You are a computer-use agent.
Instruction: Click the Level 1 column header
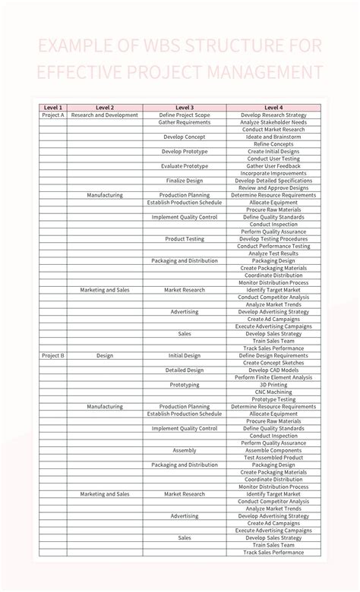pyautogui.click(x=53, y=108)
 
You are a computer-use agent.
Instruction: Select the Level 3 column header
pyautogui.click(x=185, y=108)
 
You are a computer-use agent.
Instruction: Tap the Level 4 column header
pyautogui.click(x=273, y=108)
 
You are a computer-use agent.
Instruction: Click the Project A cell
pyautogui.click(x=53, y=115)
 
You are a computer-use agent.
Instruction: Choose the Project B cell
pyautogui.click(x=53, y=355)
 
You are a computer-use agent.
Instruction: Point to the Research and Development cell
pyautogui.click(x=105, y=115)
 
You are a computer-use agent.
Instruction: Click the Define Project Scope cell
pyautogui.click(x=185, y=115)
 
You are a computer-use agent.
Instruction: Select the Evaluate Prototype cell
pyautogui.click(x=185, y=166)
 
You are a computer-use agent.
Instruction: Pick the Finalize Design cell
pyautogui.click(x=185, y=181)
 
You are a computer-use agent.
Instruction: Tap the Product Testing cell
pyautogui.click(x=185, y=239)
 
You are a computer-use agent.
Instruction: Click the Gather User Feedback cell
pyautogui.click(x=273, y=166)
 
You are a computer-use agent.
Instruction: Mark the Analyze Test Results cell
pyautogui.click(x=273, y=253)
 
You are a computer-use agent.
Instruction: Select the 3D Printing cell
pyautogui.click(x=273, y=385)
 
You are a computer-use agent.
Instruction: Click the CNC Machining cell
pyautogui.click(x=273, y=392)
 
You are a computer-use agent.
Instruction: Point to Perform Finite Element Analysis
pyautogui.click(x=273, y=377)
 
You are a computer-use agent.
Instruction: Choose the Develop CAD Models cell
pyautogui.click(x=273, y=370)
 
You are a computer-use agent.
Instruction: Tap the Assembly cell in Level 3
pyautogui.click(x=185, y=450)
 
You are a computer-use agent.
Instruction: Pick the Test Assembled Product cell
pyautogui.click(x=273, y=458)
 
